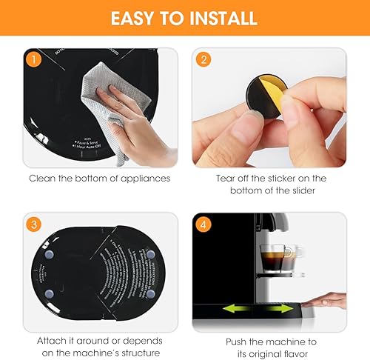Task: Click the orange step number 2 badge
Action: point(201,59)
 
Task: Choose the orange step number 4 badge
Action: point(201,223)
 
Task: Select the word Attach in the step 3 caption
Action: point(53,341)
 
